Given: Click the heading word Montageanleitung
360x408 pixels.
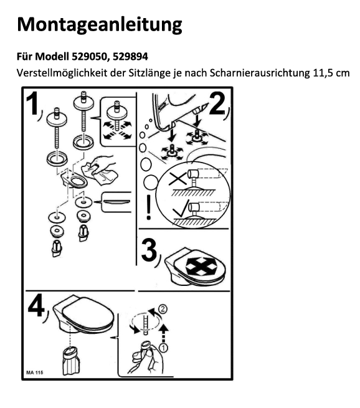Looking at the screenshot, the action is pos(100,25).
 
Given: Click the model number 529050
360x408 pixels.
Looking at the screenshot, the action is pos(89,57).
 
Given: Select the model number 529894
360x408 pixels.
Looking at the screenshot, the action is pos(130,57).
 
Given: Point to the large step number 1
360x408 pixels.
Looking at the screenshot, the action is pos(32,104).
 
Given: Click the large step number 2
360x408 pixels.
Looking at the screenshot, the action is pos(217,104).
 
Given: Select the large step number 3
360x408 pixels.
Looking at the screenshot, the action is pos(149,250).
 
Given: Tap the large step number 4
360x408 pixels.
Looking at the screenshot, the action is pos(36,306).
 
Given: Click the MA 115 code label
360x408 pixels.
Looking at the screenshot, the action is pos(35,372).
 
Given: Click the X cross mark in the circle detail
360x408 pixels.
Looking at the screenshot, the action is pos(178,178).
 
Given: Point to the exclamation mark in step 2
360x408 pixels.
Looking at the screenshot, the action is pos(148,207).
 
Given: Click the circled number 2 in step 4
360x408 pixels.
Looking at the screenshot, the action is pos(163,309).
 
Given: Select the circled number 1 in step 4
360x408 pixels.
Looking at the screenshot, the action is pos(164,348).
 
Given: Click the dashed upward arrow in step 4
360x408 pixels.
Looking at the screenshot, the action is pos(163,333).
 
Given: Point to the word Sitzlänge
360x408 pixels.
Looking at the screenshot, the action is pos(149,73).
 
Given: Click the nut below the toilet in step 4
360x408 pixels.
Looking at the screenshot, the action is pos(71,361).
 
